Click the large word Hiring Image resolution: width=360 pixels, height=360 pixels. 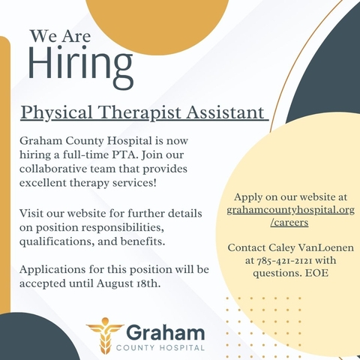80,66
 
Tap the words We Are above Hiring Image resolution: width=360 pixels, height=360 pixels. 60,36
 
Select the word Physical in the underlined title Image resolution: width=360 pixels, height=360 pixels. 57,112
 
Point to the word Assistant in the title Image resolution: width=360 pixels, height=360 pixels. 226,112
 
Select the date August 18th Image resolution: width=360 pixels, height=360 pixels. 128,283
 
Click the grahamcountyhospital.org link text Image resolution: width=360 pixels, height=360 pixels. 291,210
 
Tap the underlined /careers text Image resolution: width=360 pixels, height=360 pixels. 289,222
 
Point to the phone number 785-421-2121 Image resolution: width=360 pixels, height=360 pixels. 284,260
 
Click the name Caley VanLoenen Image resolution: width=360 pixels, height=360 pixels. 311,248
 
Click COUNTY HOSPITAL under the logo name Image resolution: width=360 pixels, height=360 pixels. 160,348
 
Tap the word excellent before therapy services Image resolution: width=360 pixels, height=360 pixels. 43,183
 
